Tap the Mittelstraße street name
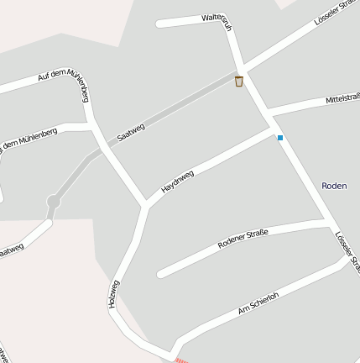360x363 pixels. (342, 101)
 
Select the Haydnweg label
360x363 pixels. (178, 182)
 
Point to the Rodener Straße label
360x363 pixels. (242, 239)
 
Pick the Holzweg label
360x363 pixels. (115, 295)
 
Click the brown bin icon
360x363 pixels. (239, 82)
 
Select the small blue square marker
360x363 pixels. (280, 137)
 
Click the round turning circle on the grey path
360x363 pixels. (54, 202)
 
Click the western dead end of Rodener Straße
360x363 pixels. (160, 274)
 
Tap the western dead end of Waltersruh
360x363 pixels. (159, 24)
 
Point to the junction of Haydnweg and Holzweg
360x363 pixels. (145, 204)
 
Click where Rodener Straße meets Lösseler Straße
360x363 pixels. (326, 222)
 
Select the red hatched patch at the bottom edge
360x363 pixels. (180, 360)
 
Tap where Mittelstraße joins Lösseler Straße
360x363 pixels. (267, 113)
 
